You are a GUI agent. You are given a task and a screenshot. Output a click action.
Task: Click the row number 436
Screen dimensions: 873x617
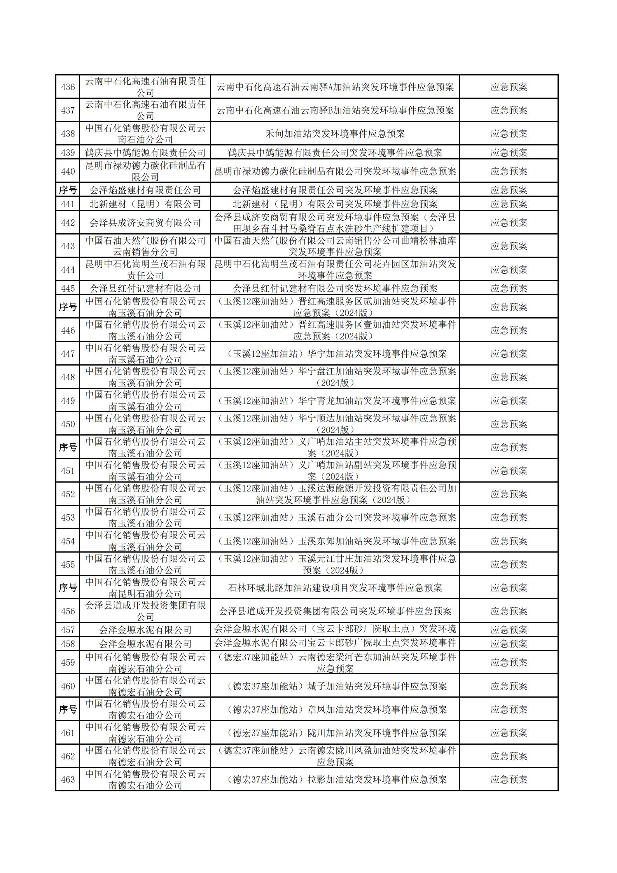click(x=68, y=87)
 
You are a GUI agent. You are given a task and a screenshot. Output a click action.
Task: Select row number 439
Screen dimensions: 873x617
click(x=68, y=152)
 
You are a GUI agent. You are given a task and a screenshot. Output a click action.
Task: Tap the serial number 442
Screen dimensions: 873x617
click(x=68, y=223)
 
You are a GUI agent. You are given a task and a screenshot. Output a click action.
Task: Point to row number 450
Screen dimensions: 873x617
click(x=68, y=424)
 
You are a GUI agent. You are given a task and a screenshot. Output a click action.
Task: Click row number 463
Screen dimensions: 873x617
click(x=68, y=779)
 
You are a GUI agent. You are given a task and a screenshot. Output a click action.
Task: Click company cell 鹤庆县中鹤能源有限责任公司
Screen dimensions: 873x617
click(x=145, y=152)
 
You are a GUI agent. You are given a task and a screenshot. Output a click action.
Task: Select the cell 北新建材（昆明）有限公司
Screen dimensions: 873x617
click(x=145, y=204)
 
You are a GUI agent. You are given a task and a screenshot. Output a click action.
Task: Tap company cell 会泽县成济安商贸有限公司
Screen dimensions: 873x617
click(x=145, y=223)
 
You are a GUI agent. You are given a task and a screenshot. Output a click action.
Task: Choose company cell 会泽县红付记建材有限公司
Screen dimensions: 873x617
click(x=145, y=288)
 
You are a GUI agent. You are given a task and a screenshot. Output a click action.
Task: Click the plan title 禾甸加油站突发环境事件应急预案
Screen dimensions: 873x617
click(x=335, y=134)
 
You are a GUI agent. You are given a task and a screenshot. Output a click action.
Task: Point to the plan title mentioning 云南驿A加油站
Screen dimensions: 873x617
click(x=335, y=87)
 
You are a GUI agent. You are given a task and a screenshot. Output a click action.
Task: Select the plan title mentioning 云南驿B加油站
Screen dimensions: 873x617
click(x=335, y=110)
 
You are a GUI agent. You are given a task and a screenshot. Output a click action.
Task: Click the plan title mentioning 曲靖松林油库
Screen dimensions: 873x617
click(x=335, y=246)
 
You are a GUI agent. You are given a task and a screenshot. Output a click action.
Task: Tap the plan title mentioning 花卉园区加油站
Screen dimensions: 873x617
click(x=335, y=269)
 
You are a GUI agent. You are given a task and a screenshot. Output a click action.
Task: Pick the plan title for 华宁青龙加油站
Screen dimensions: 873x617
click(x=335, y=401)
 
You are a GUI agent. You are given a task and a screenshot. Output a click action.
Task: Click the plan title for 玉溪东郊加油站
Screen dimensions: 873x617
click(x=335, y=541)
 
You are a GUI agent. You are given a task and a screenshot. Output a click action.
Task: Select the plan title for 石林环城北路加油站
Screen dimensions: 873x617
click(x=335, y=588)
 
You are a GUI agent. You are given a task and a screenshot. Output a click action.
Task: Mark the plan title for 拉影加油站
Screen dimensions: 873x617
click(x=335, y=779)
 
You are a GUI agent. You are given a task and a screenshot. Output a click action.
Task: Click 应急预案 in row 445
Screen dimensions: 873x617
click(x=509, y=288)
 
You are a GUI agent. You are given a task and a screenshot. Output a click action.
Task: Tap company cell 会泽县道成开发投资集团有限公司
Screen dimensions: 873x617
click(x=145, y=611)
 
